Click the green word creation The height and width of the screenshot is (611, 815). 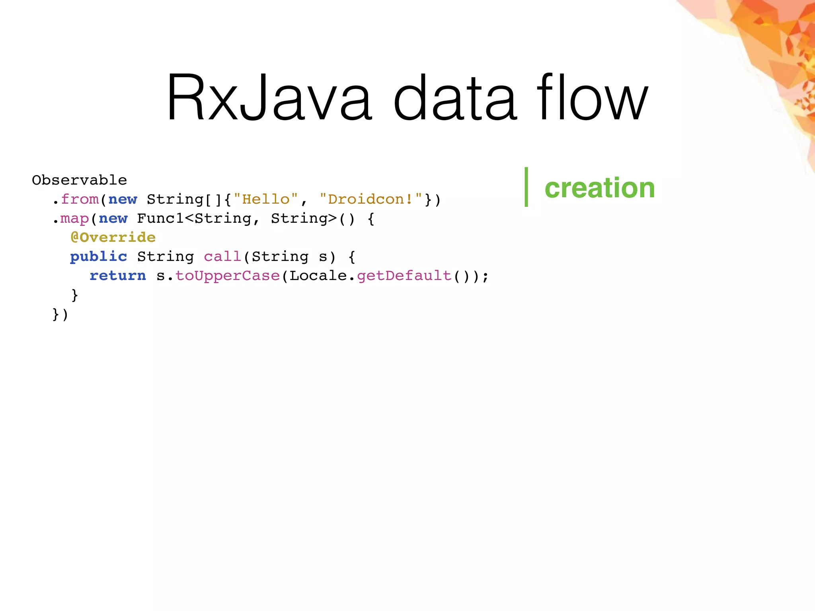click(599, 188)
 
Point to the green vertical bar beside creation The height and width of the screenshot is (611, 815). click(526, 187)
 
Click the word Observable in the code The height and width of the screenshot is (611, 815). click(79, 180)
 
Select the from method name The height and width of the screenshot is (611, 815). click(80, 199)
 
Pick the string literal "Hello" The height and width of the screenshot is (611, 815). click(266, 199)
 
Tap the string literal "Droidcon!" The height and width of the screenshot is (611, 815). click(371, 199)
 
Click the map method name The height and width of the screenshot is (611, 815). click(75, 218)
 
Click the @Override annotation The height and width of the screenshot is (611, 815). click(113, 237)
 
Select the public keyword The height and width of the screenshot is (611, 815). click(99, 257)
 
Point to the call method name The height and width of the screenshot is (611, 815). click(222, 257)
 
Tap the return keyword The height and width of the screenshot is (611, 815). click(118, 276)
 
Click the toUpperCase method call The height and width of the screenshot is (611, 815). click(228, 276)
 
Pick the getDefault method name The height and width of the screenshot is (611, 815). click(404, 276)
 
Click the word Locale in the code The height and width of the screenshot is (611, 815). click(318, 276)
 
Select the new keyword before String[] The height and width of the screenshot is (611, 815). click(123, 199)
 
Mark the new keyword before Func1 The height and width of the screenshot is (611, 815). click(113, 218)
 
